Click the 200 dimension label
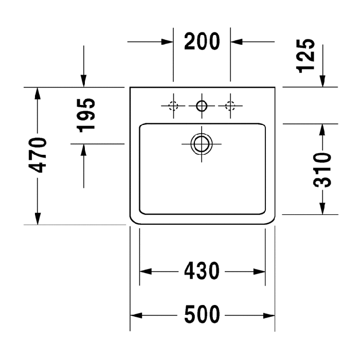tap(202, 42)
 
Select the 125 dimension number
tap(305, 56)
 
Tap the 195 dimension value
tap(86, 115)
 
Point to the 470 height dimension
tap(37, 155)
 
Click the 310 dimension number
tap(322, 170)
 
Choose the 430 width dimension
tap(202, 271)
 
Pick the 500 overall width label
tap(202, 315)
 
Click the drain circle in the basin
tap(202, 144)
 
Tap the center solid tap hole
tap(202, 106)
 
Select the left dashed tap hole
tap(173, 106)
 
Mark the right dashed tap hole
tap(230, 106)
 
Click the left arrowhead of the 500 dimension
tap(136, 315)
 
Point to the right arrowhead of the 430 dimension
tap(259, 272)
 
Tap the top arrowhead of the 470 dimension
tap(38, 93)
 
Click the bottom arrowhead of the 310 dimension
tap(322, 208)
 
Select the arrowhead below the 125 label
tap(322, 81)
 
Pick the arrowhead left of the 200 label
tap(167, 42)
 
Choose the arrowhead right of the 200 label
tap(237, 42)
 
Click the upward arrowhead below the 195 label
tap(84, 150)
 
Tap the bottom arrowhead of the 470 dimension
tap(38, 219)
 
